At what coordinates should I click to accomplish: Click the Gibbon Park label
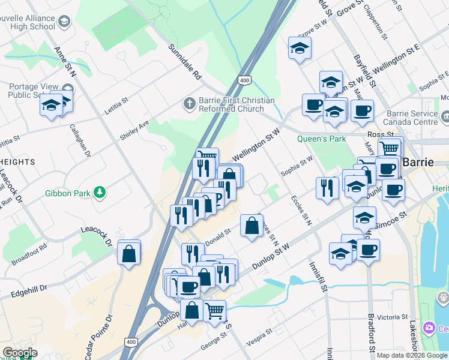coord(67,193)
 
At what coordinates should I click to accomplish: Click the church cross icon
coord(190,104)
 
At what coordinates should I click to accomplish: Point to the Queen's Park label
coord(321,139)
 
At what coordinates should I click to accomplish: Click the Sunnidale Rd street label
coord(184,62)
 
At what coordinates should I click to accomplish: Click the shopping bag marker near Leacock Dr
coord(129,254)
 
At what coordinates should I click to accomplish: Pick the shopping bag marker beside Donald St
coord(252,227)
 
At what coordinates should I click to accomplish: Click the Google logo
coord(19,353)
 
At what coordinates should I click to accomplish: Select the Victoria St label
coord(393,316)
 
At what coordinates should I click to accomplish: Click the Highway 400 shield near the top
coord(244,80)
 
